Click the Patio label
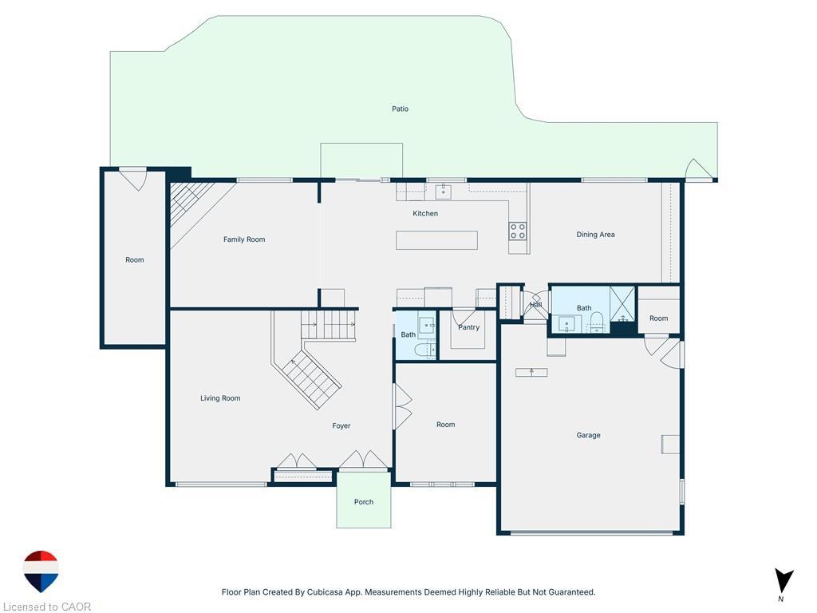coord(400,109)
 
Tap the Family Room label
coord(244,239)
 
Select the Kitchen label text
coord(425,213)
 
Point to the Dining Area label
coord(595,235)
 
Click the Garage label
coord(588,435)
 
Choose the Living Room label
coord(220,398)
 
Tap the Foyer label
coord(341,426)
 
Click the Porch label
coord(364,502)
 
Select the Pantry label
coord(468,327)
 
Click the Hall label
coord(536,305)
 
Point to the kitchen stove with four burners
coord(518,231)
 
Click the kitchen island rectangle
coord(436,240)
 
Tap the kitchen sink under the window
coord(443,192)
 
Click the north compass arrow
coord(784,580)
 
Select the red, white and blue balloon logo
coord(41,571)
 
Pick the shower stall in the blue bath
coord(622,303)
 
